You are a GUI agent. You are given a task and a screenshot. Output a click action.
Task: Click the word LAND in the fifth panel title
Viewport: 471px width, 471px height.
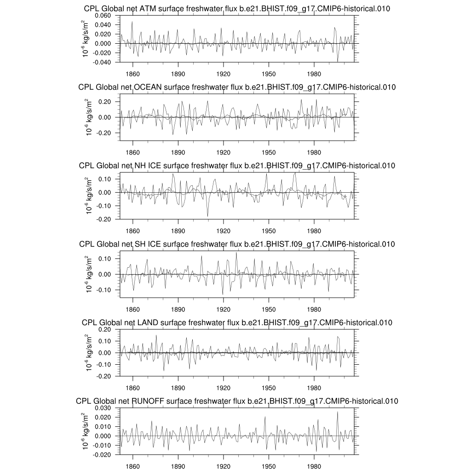(x=147, y=322)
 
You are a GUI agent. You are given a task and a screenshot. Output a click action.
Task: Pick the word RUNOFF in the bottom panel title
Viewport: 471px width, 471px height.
(x=147, y=401)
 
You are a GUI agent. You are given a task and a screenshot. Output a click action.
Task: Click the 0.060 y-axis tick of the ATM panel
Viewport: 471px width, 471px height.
(x=103, y=16)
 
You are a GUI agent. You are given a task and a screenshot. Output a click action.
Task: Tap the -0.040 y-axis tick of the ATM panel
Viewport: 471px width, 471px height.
(x=103, y=62)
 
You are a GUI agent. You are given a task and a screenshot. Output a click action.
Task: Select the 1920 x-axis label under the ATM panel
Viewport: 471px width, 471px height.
(x=223, y=74)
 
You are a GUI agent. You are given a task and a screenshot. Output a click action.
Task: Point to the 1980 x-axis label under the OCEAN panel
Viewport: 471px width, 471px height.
(x=314, y=152)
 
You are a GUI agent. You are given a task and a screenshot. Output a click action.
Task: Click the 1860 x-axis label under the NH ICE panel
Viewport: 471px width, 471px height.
(x=132, y=230)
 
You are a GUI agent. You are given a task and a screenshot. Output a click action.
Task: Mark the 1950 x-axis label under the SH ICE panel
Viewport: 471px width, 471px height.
(x=269, y=309)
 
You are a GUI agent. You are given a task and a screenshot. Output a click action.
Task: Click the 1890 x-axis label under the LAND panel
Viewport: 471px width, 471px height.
(x=178, y=387)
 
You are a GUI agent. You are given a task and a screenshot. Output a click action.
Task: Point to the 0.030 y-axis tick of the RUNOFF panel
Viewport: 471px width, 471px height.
(x=103, y=408)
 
